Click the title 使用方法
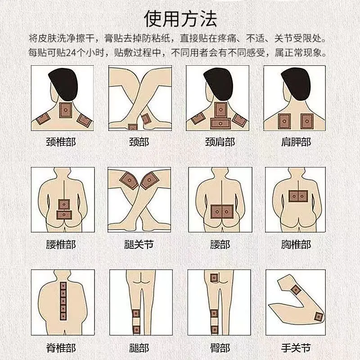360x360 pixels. pos(180,19)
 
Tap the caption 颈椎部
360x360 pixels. pos(61,142)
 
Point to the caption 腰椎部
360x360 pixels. pos(61,245)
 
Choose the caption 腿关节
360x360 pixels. pos(139,245)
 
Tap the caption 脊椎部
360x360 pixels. pos(61,348)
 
